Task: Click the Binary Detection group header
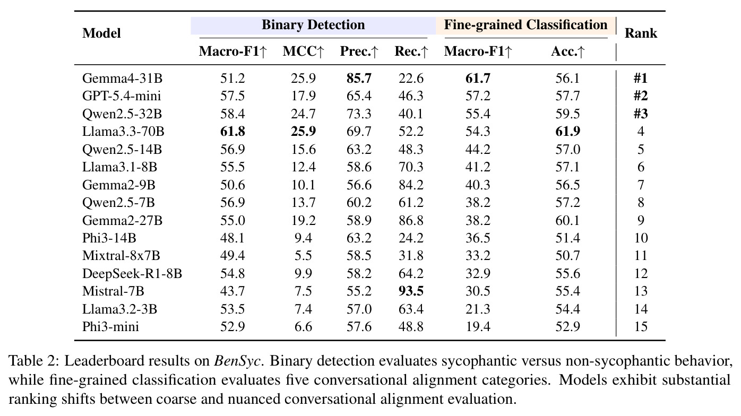tap(313, 25)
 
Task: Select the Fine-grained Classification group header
tap(525, 25)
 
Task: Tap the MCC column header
tap(303, 51)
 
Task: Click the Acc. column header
tap(567, 51)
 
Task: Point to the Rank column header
tap(641, 33)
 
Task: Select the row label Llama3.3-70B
tap(123, 131)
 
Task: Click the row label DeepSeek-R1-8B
tap(132, 273)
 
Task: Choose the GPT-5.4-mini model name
tap(122, 96)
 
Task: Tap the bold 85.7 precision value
tap(359, 79)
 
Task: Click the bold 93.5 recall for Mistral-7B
tap(411, 291)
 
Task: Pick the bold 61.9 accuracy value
tap(567, 131)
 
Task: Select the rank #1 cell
tap(641, 79)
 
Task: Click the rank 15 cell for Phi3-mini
tap(641, 327)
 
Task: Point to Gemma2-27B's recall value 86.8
tap(411, 220)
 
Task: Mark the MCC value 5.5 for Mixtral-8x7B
tap(303, 256)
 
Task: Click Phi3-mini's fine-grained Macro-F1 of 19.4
tap(478, 327)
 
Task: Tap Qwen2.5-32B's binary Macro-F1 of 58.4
tap(232, 114)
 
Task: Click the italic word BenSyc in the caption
tap(237, 361)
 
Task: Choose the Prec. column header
tap(359, 51)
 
